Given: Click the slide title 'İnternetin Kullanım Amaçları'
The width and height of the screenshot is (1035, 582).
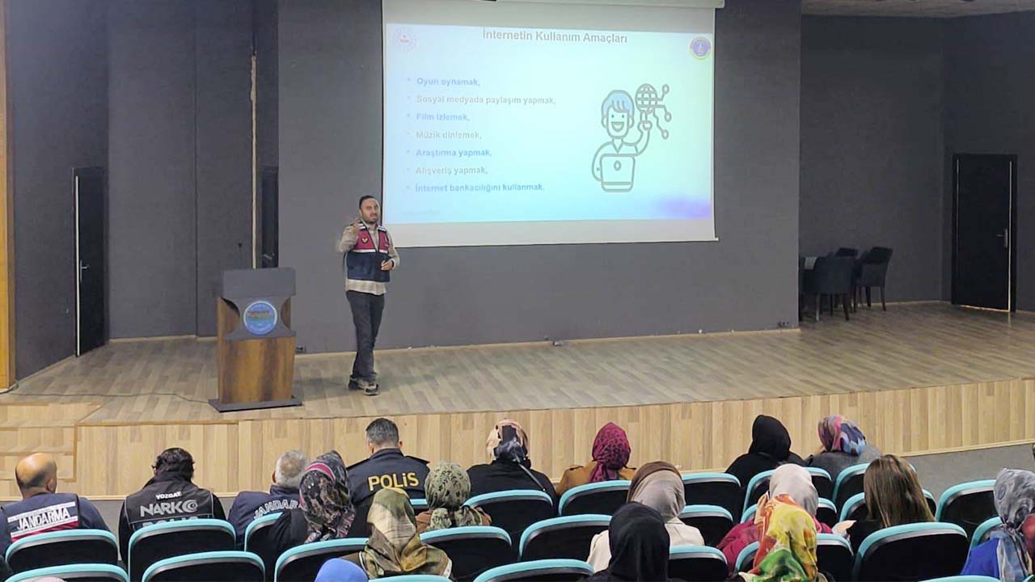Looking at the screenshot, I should click(x=555, y=36).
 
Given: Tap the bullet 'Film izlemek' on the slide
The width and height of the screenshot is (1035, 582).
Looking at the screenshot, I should click(x=442, y=116).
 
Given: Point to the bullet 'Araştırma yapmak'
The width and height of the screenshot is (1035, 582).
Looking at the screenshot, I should click(x=454, y=152).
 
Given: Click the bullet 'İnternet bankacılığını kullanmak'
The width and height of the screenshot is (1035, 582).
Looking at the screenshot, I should click(x=479, y=188).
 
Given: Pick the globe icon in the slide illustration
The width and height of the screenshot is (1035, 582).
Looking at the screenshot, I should click(x=646, y=98).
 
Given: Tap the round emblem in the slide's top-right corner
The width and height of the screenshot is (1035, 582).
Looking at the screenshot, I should click(x=700, y=48).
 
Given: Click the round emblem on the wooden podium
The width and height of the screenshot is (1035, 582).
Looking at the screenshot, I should click(x=260, y=318).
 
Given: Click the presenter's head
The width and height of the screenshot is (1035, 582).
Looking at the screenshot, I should click(x=369, y=209).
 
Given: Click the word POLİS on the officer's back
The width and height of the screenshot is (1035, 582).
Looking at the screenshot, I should click(x=393, y=481).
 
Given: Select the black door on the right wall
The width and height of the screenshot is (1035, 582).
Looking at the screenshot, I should click(x=983, y=232).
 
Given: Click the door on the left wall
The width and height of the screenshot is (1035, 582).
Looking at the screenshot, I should click(x=89, y=260).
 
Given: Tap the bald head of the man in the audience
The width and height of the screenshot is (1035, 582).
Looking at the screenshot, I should click(x=36, y=472).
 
